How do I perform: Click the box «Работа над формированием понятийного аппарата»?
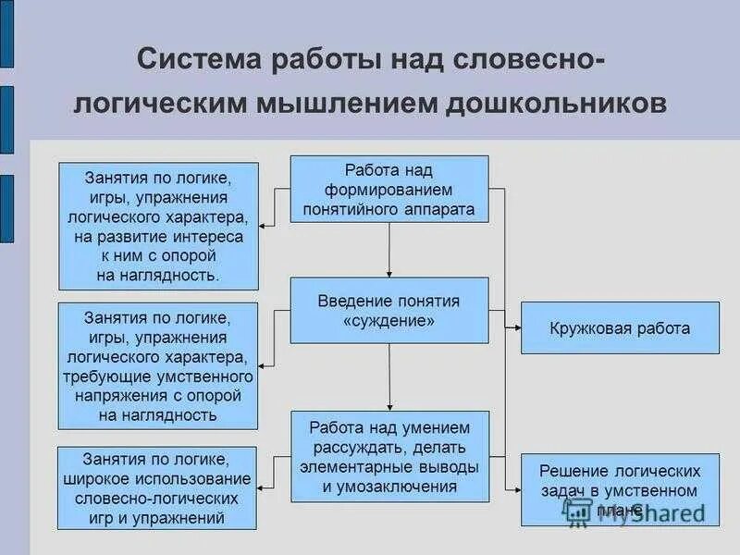pos(389,190)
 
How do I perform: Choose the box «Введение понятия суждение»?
pos(389,311)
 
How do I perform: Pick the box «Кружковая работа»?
pos(620,327)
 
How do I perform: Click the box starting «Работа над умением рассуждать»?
pos(389,457)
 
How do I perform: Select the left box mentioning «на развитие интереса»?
pos(158,225)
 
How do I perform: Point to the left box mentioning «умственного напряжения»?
pos(158,365)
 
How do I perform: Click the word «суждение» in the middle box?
pos(389,321)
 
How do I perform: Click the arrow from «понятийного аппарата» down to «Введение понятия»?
pos(389,250)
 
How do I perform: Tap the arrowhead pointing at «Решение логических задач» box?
pos(515,487)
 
